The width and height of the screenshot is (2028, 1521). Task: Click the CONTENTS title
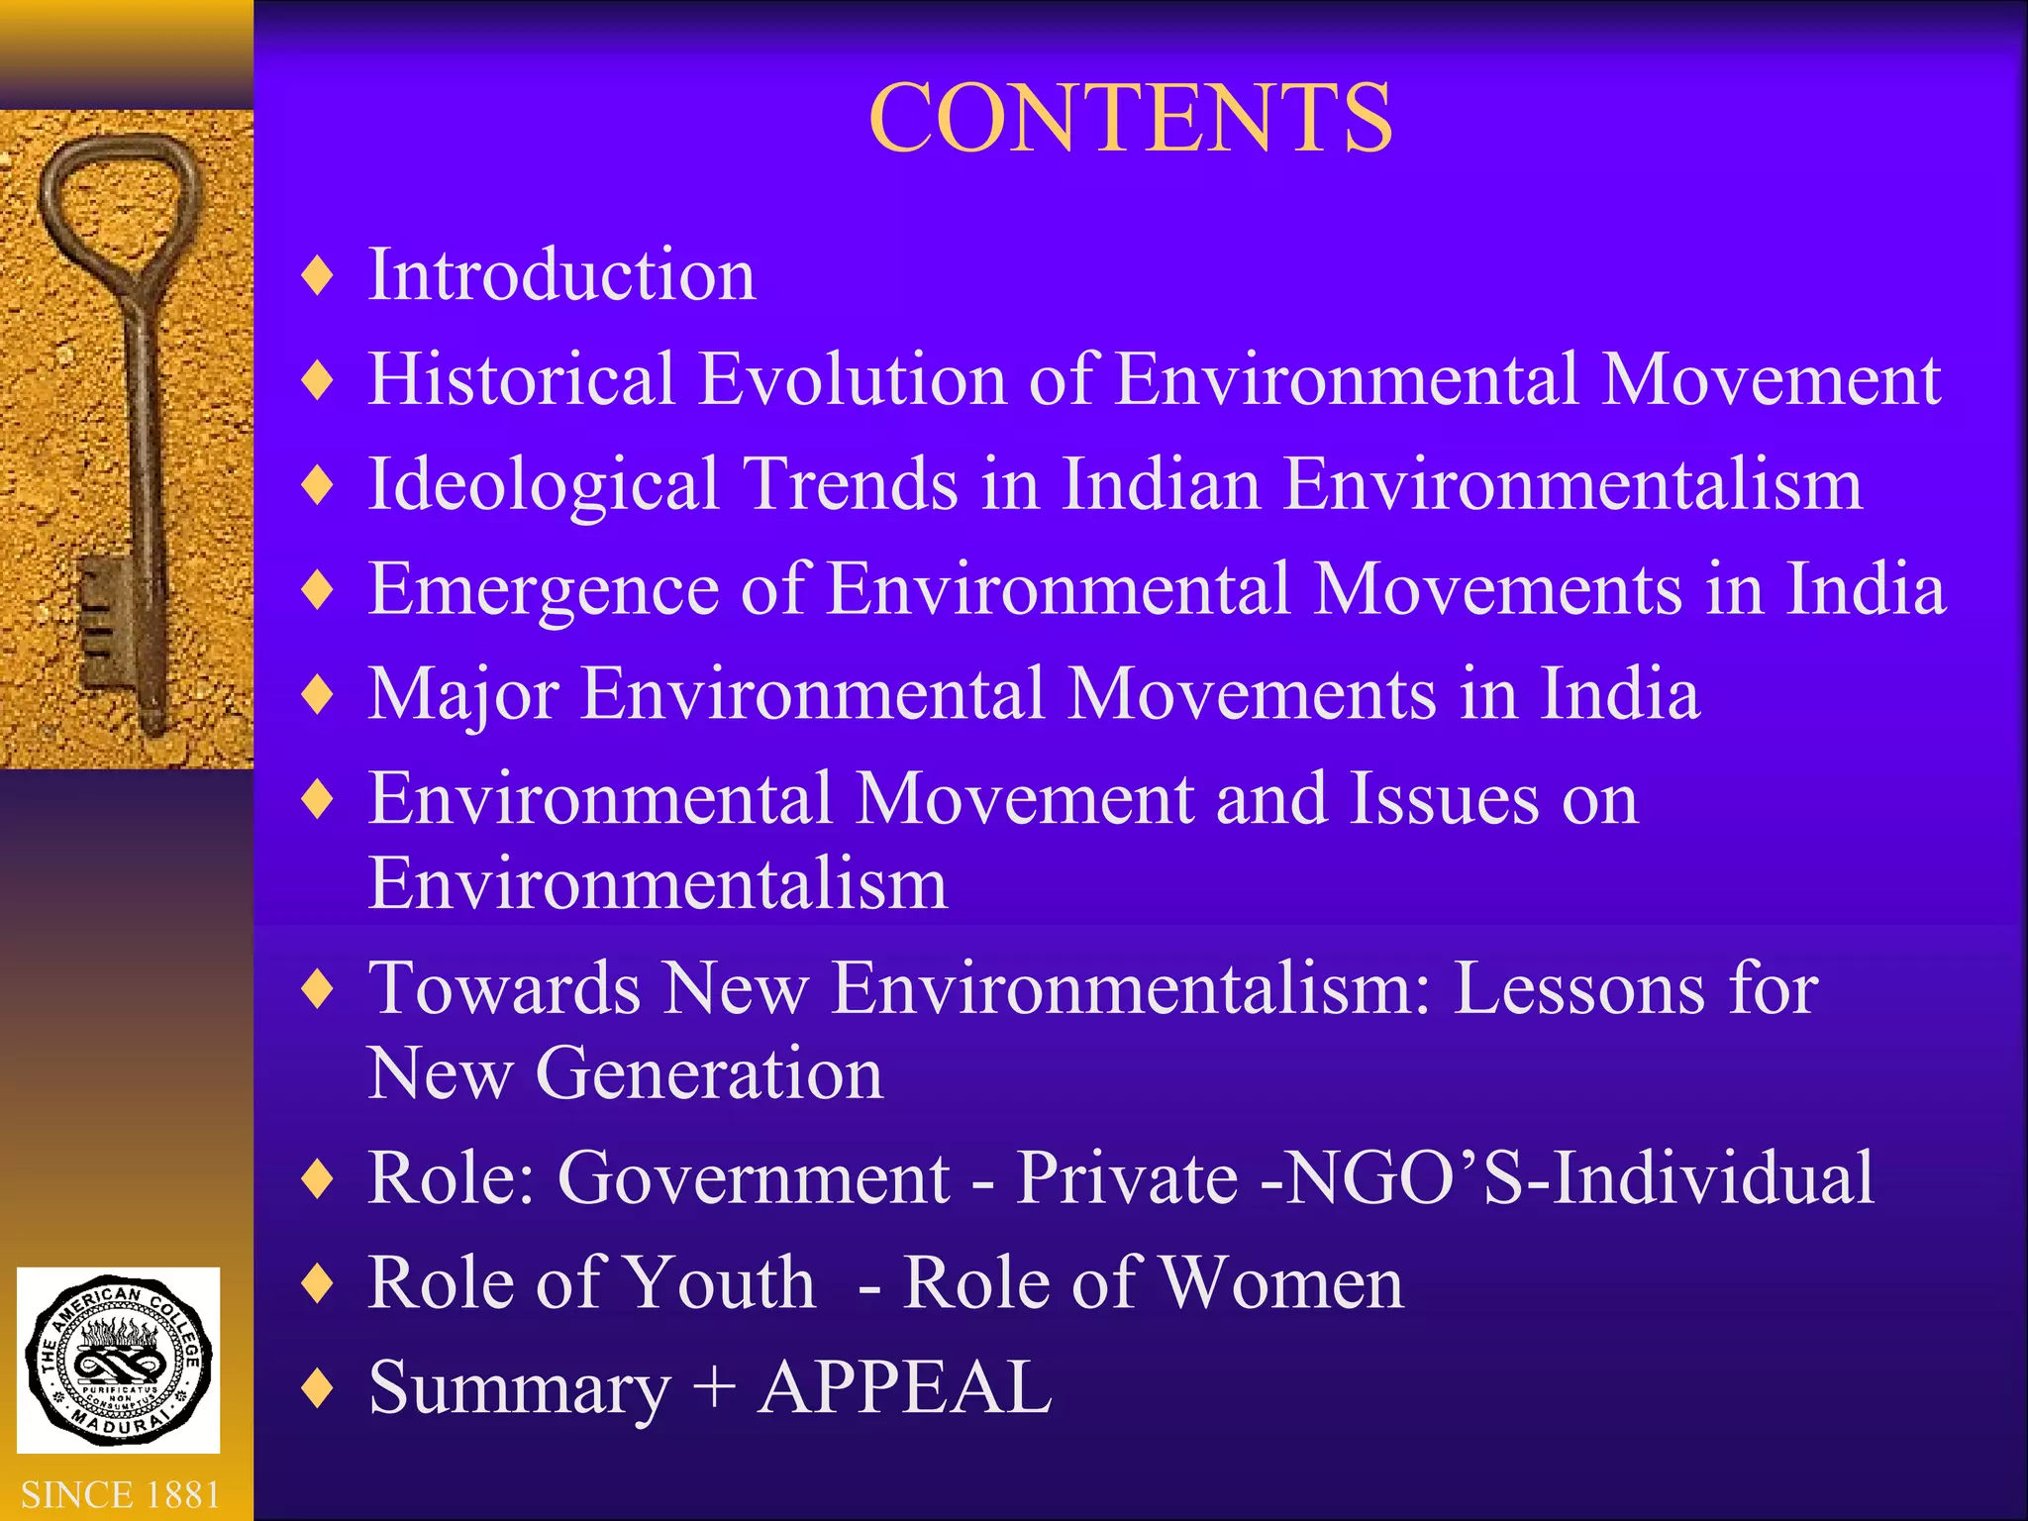click(1130, 119)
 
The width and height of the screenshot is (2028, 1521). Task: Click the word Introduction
click(561, 274)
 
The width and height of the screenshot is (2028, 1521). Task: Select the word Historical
click(522, 379)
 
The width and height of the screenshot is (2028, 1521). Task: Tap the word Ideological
click(544, 485)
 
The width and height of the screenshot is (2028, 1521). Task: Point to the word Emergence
click(543, 590)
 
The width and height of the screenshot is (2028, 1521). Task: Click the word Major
click(463, 694)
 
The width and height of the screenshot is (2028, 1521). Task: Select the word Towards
click(504, 988)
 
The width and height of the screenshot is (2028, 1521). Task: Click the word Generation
click(708, 1073)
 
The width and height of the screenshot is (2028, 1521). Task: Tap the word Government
click(754, 1178)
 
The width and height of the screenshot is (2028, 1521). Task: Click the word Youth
click(720, 1283)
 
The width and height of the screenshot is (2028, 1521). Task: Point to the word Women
click(1281, 1283)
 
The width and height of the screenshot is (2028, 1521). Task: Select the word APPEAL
click(904, 1387)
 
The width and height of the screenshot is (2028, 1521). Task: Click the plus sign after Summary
click(714, 1387)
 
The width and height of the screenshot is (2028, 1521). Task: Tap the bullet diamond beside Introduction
click(318, 275)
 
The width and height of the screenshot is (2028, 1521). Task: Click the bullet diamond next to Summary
click(318, 1387)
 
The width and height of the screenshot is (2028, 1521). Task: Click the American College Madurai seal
click(119, 1360)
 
